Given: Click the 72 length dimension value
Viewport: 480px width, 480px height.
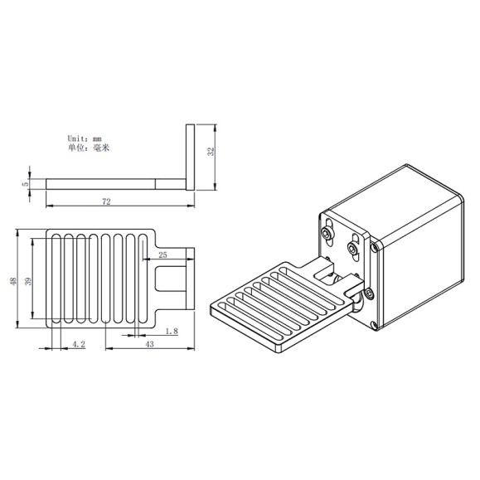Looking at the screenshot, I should [x=107, y=201].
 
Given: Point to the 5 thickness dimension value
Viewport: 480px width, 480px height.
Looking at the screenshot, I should [x=26, y=183].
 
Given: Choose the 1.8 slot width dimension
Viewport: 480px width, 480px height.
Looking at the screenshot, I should [x=172, y=332].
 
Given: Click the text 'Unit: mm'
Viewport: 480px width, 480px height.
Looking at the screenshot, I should [x=85, y=138].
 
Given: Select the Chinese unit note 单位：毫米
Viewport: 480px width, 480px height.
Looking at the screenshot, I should [x=89, y=148].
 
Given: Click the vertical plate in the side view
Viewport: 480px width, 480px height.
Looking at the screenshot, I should [x=189, y=158].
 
